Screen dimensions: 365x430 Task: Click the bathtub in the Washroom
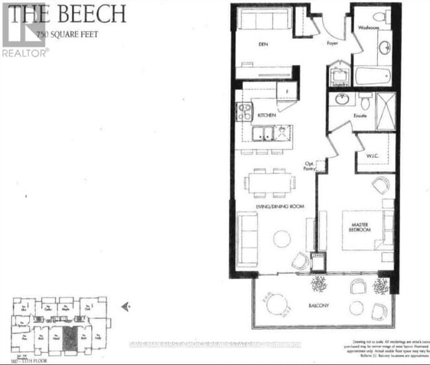374,75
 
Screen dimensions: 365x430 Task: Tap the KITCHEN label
267,116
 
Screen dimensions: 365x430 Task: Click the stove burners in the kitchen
244,112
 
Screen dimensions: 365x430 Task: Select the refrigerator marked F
286,91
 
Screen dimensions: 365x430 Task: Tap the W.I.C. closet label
371,155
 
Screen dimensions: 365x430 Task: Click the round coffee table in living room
283,238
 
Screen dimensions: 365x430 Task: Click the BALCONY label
318,306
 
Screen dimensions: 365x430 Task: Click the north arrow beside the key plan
126,307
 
